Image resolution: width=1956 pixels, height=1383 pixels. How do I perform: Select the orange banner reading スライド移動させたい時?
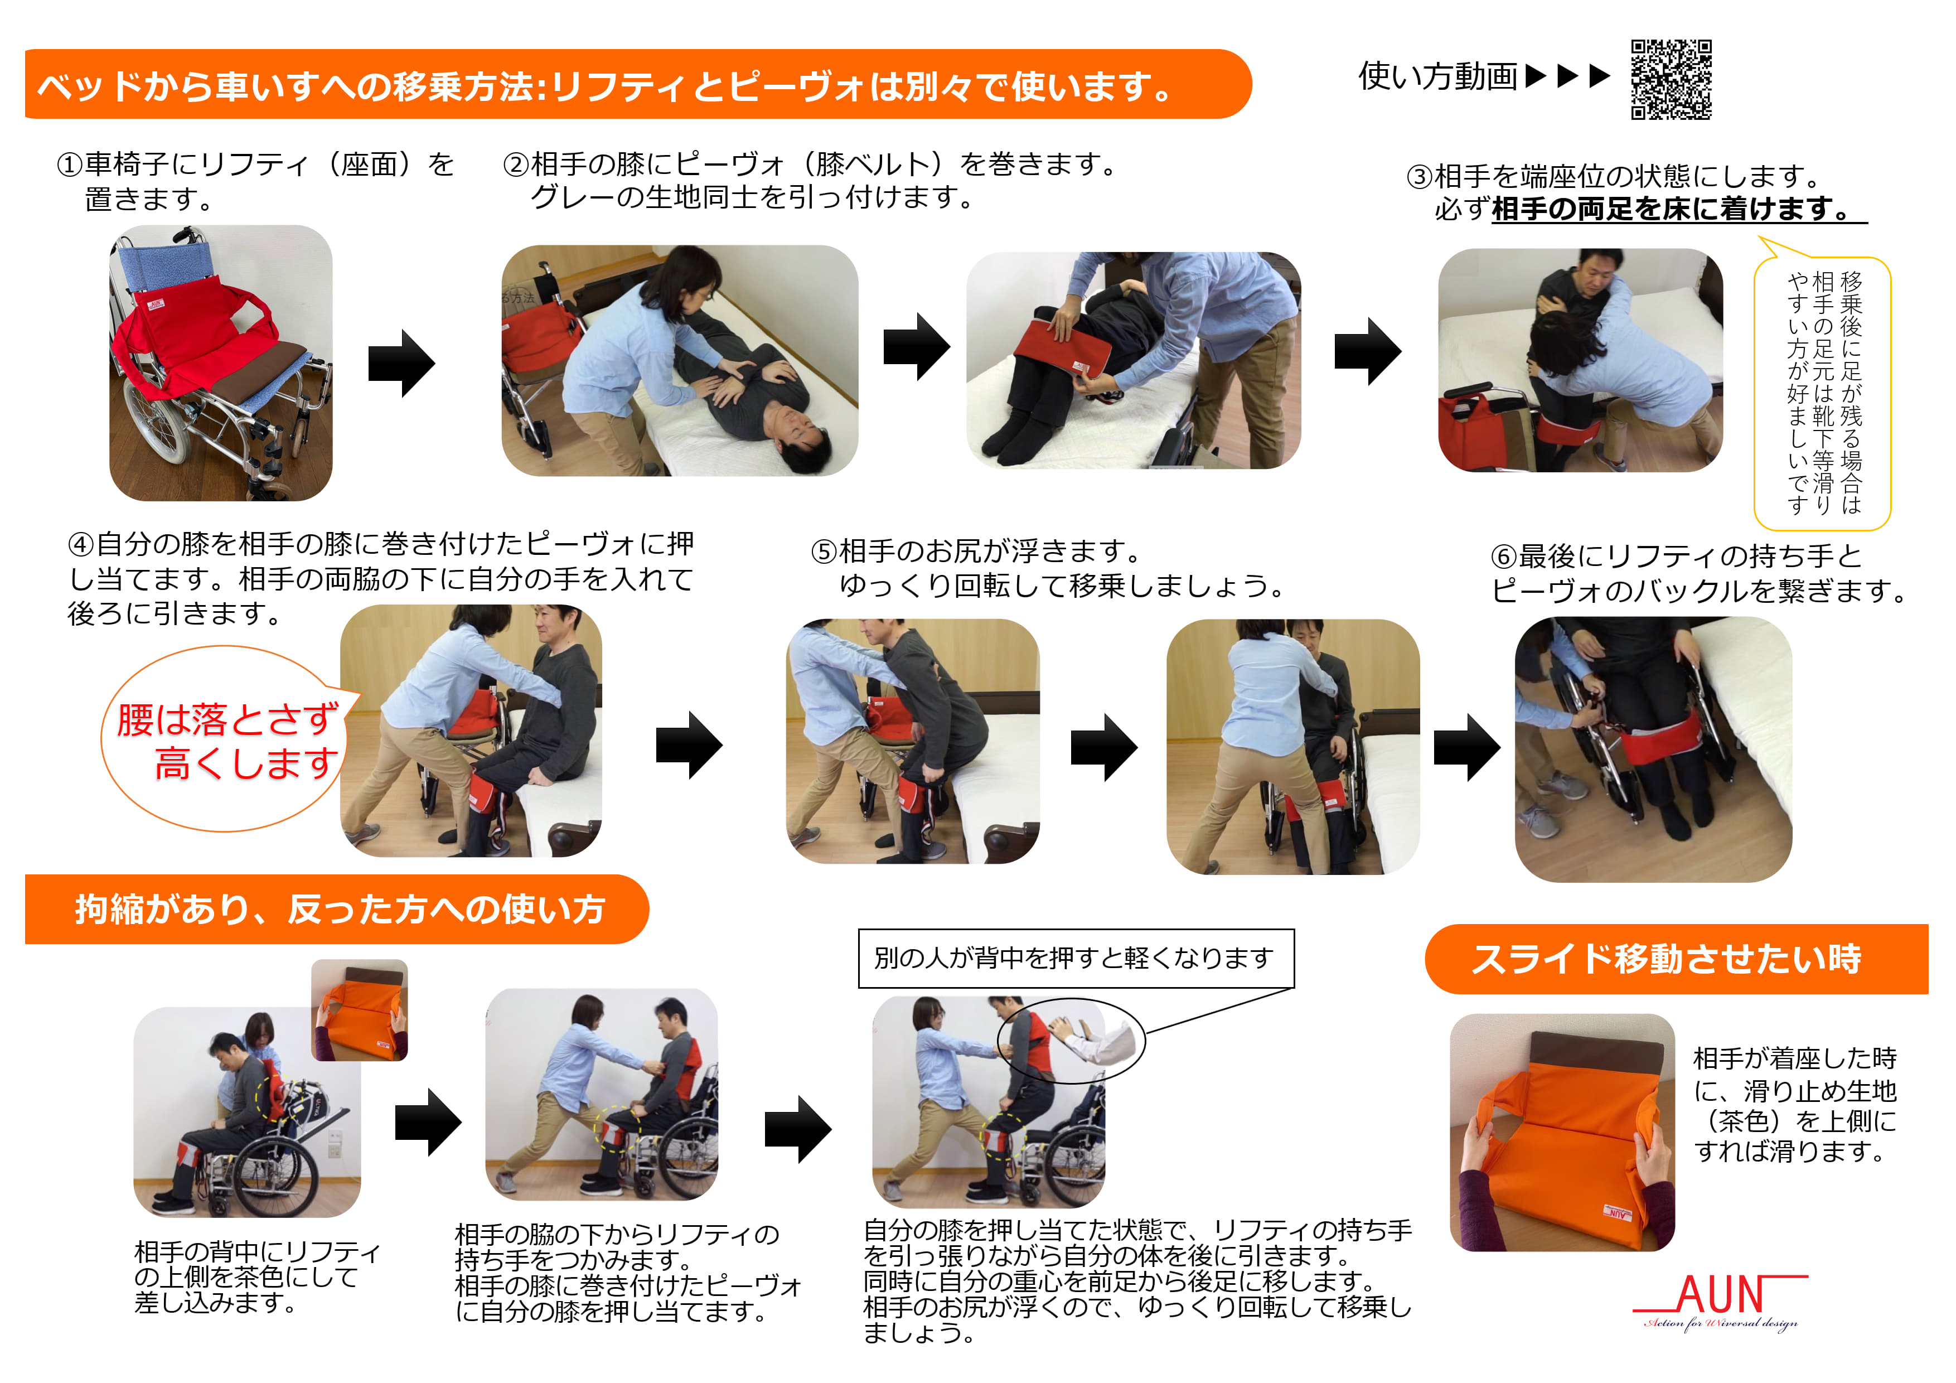coord(1676,959)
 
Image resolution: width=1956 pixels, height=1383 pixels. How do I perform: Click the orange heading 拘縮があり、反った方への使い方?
coord(337,909)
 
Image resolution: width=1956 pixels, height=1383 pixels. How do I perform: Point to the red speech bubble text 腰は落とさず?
coord(228,720)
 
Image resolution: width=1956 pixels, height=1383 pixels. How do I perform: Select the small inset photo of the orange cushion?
coord(360,1010)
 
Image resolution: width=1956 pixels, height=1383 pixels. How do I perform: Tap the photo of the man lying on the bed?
coord(680,360)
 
